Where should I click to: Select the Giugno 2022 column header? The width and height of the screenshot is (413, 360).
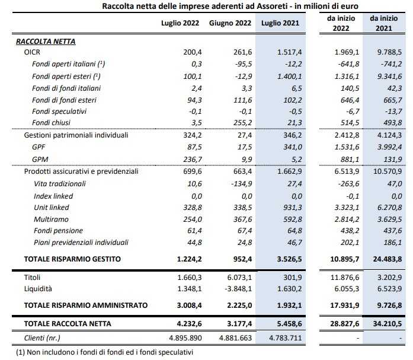pos(229,23)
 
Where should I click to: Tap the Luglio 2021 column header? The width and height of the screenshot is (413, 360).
pos(278,23)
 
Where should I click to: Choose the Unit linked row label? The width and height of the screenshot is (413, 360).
pos(52,208)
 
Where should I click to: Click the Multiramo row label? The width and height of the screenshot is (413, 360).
pos(50,219)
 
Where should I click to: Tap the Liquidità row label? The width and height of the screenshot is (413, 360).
pos(39,289)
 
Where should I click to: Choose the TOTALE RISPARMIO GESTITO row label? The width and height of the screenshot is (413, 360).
pos(72,259)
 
